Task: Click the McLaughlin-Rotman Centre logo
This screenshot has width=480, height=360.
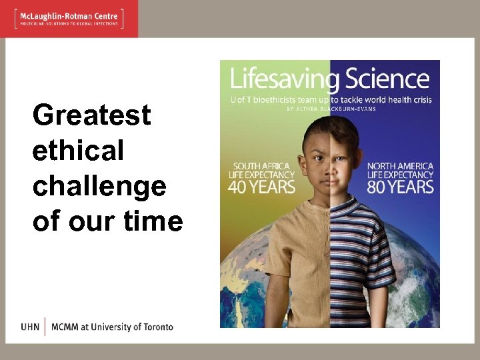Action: point(69,18)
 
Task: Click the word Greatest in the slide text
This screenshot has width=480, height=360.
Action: point(92,115)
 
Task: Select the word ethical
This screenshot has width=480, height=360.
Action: point(78,151)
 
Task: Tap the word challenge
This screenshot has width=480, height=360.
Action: point(99,186)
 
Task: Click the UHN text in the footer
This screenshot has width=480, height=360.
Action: point(30,327)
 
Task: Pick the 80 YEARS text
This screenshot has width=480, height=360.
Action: point(400,186)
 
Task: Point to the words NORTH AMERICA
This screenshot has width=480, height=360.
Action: point(400,165)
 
